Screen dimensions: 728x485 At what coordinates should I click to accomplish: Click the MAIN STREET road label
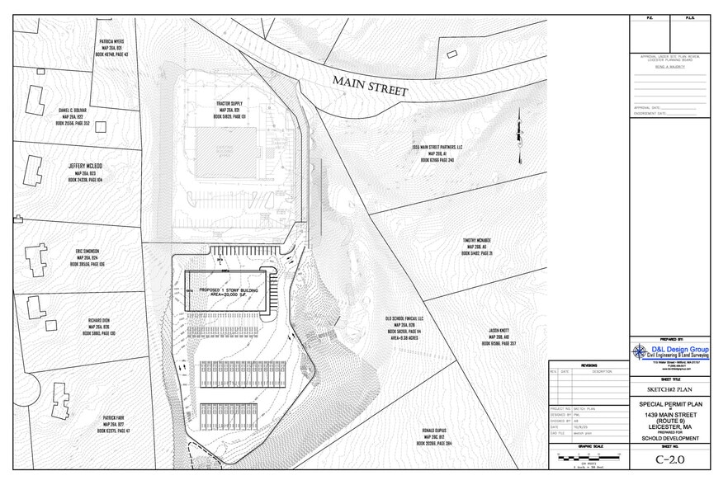coord(371,86)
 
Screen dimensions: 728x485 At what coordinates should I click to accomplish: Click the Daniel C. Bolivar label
coord(73,111)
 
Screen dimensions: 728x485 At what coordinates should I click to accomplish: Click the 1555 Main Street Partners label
coord(437,147)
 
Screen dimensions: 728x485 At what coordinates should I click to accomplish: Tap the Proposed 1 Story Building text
coord(227,291)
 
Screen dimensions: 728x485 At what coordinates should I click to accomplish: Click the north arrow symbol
coord(520,132)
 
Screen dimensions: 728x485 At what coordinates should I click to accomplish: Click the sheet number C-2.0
coord(671,459)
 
